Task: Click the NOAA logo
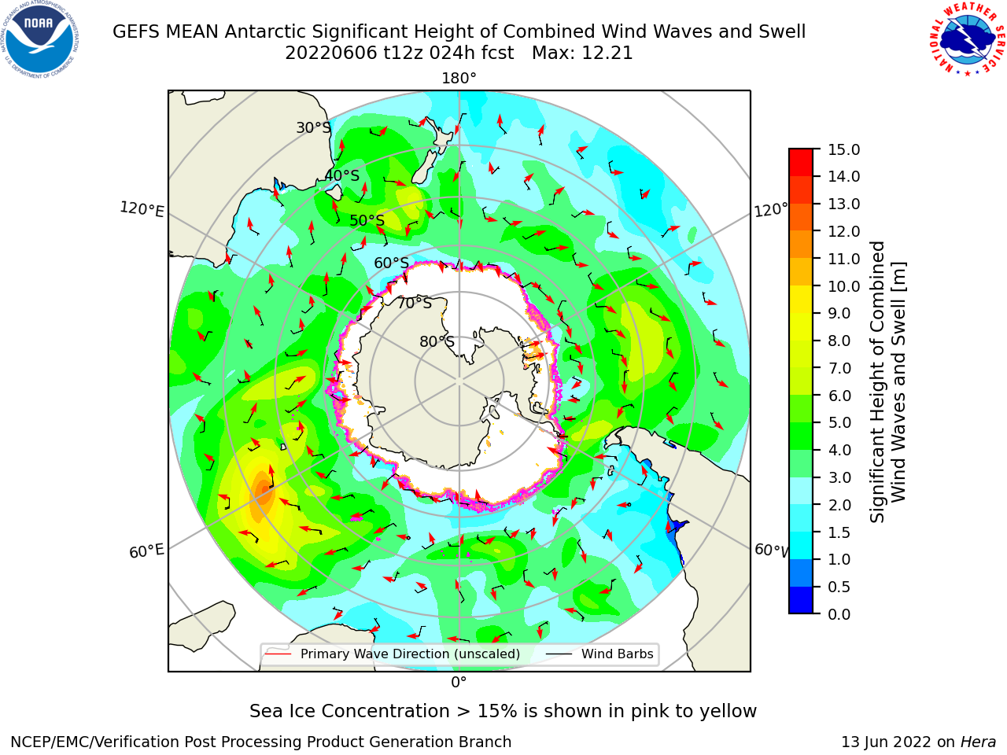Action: (x=40, y=39)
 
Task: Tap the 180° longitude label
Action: (x=459, y=79)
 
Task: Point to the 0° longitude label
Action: (x=459, y=683)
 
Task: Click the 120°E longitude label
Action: (x=142, y=209)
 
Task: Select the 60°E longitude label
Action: (x=146, y=551)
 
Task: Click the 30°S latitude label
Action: (x=313, y=127)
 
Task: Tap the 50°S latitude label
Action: (x=367, y=220)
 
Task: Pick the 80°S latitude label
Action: (x=437, y=341)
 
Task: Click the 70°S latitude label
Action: (x=415, y=303)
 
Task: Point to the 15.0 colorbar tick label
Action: (x=843, y=150)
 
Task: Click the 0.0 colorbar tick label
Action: (x=839, y=614)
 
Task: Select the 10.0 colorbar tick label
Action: (x=843, y=286)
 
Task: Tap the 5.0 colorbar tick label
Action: (x=839, y=422)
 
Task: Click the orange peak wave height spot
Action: (x=263, y=491)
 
